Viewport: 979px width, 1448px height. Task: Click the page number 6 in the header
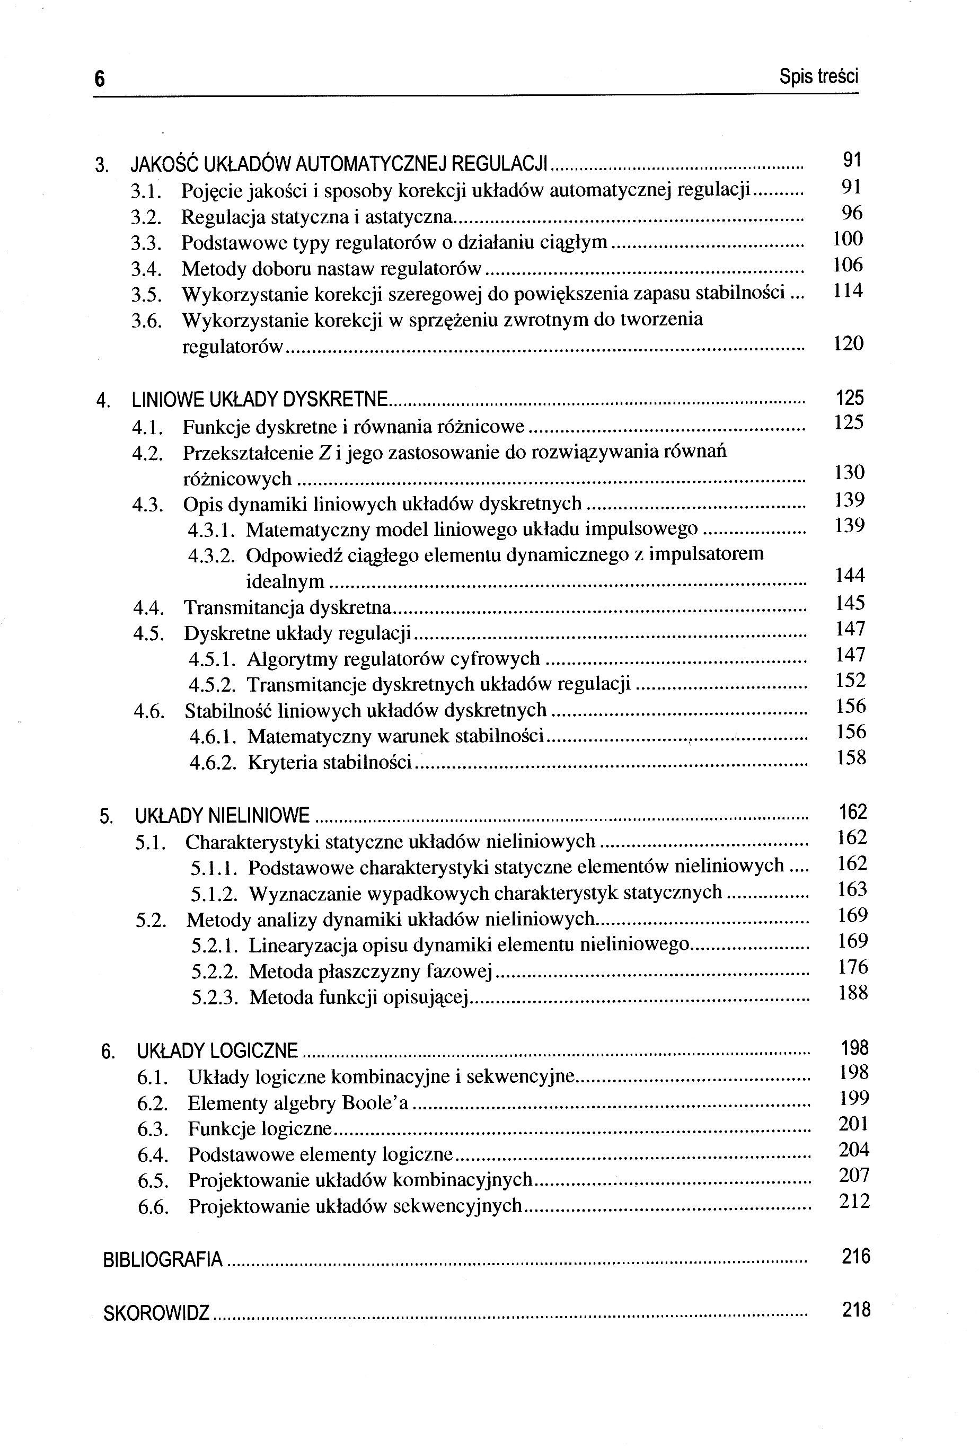pyautogui.click(x=100, y=79)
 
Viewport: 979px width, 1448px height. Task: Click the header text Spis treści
pyautogui.click(x=818, y=77)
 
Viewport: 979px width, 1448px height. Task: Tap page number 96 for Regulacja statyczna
pyautogui.click(x=852, y=213)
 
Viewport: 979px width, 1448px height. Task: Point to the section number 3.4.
pyautogui.click(x=146, y=269)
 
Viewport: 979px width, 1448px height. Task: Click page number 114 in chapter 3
pyautogui.click(x=848, y=290)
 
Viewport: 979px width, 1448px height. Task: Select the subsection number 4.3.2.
pyautogui.click(x=211, y=555)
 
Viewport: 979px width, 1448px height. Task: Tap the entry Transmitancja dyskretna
pyautogui.click(x=287, y=607)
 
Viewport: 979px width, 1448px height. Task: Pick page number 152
pyautogui.click(x=851, y=681)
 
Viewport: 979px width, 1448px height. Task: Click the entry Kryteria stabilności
pyautogui.click(x=330, y=762)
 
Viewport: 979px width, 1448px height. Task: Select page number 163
pyautogui.click(x=852, y=889)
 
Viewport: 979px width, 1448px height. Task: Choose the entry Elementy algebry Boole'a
pyautogui.click(x=298, y=1103)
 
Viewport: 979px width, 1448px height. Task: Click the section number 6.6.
pyautogui.click(x=153, y=1207)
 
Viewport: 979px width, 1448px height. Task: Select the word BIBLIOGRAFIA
pyautogui.click(x=163, y=1259)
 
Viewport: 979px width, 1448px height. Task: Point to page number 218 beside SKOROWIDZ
pyautogui.click(x=856, y=1310)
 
